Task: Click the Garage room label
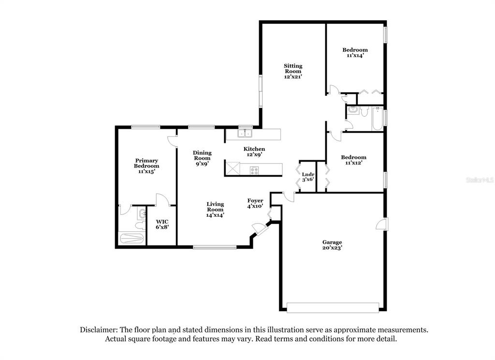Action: click(x=332, y=242)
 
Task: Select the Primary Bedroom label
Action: click(x=146, y=163)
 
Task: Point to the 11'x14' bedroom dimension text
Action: click(x=355, y=55)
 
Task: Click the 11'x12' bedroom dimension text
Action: click(x=353, y=163)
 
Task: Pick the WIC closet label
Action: click(x=162, y=222)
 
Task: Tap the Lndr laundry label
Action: click(x=308, y=175)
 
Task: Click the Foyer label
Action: click(x=255, y=201)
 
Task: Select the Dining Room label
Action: click(x=202, y=155)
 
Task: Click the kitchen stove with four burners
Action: click(x=254, y=171)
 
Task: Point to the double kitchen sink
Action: click(x=245, y=133)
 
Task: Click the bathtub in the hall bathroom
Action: click(x=378, y=119)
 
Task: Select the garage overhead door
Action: click(x=333, y=308)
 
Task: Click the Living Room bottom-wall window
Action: click(x=215, y=247)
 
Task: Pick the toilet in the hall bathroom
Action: click(x=364, y=111)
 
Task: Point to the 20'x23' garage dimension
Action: click(x=332, y=248)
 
